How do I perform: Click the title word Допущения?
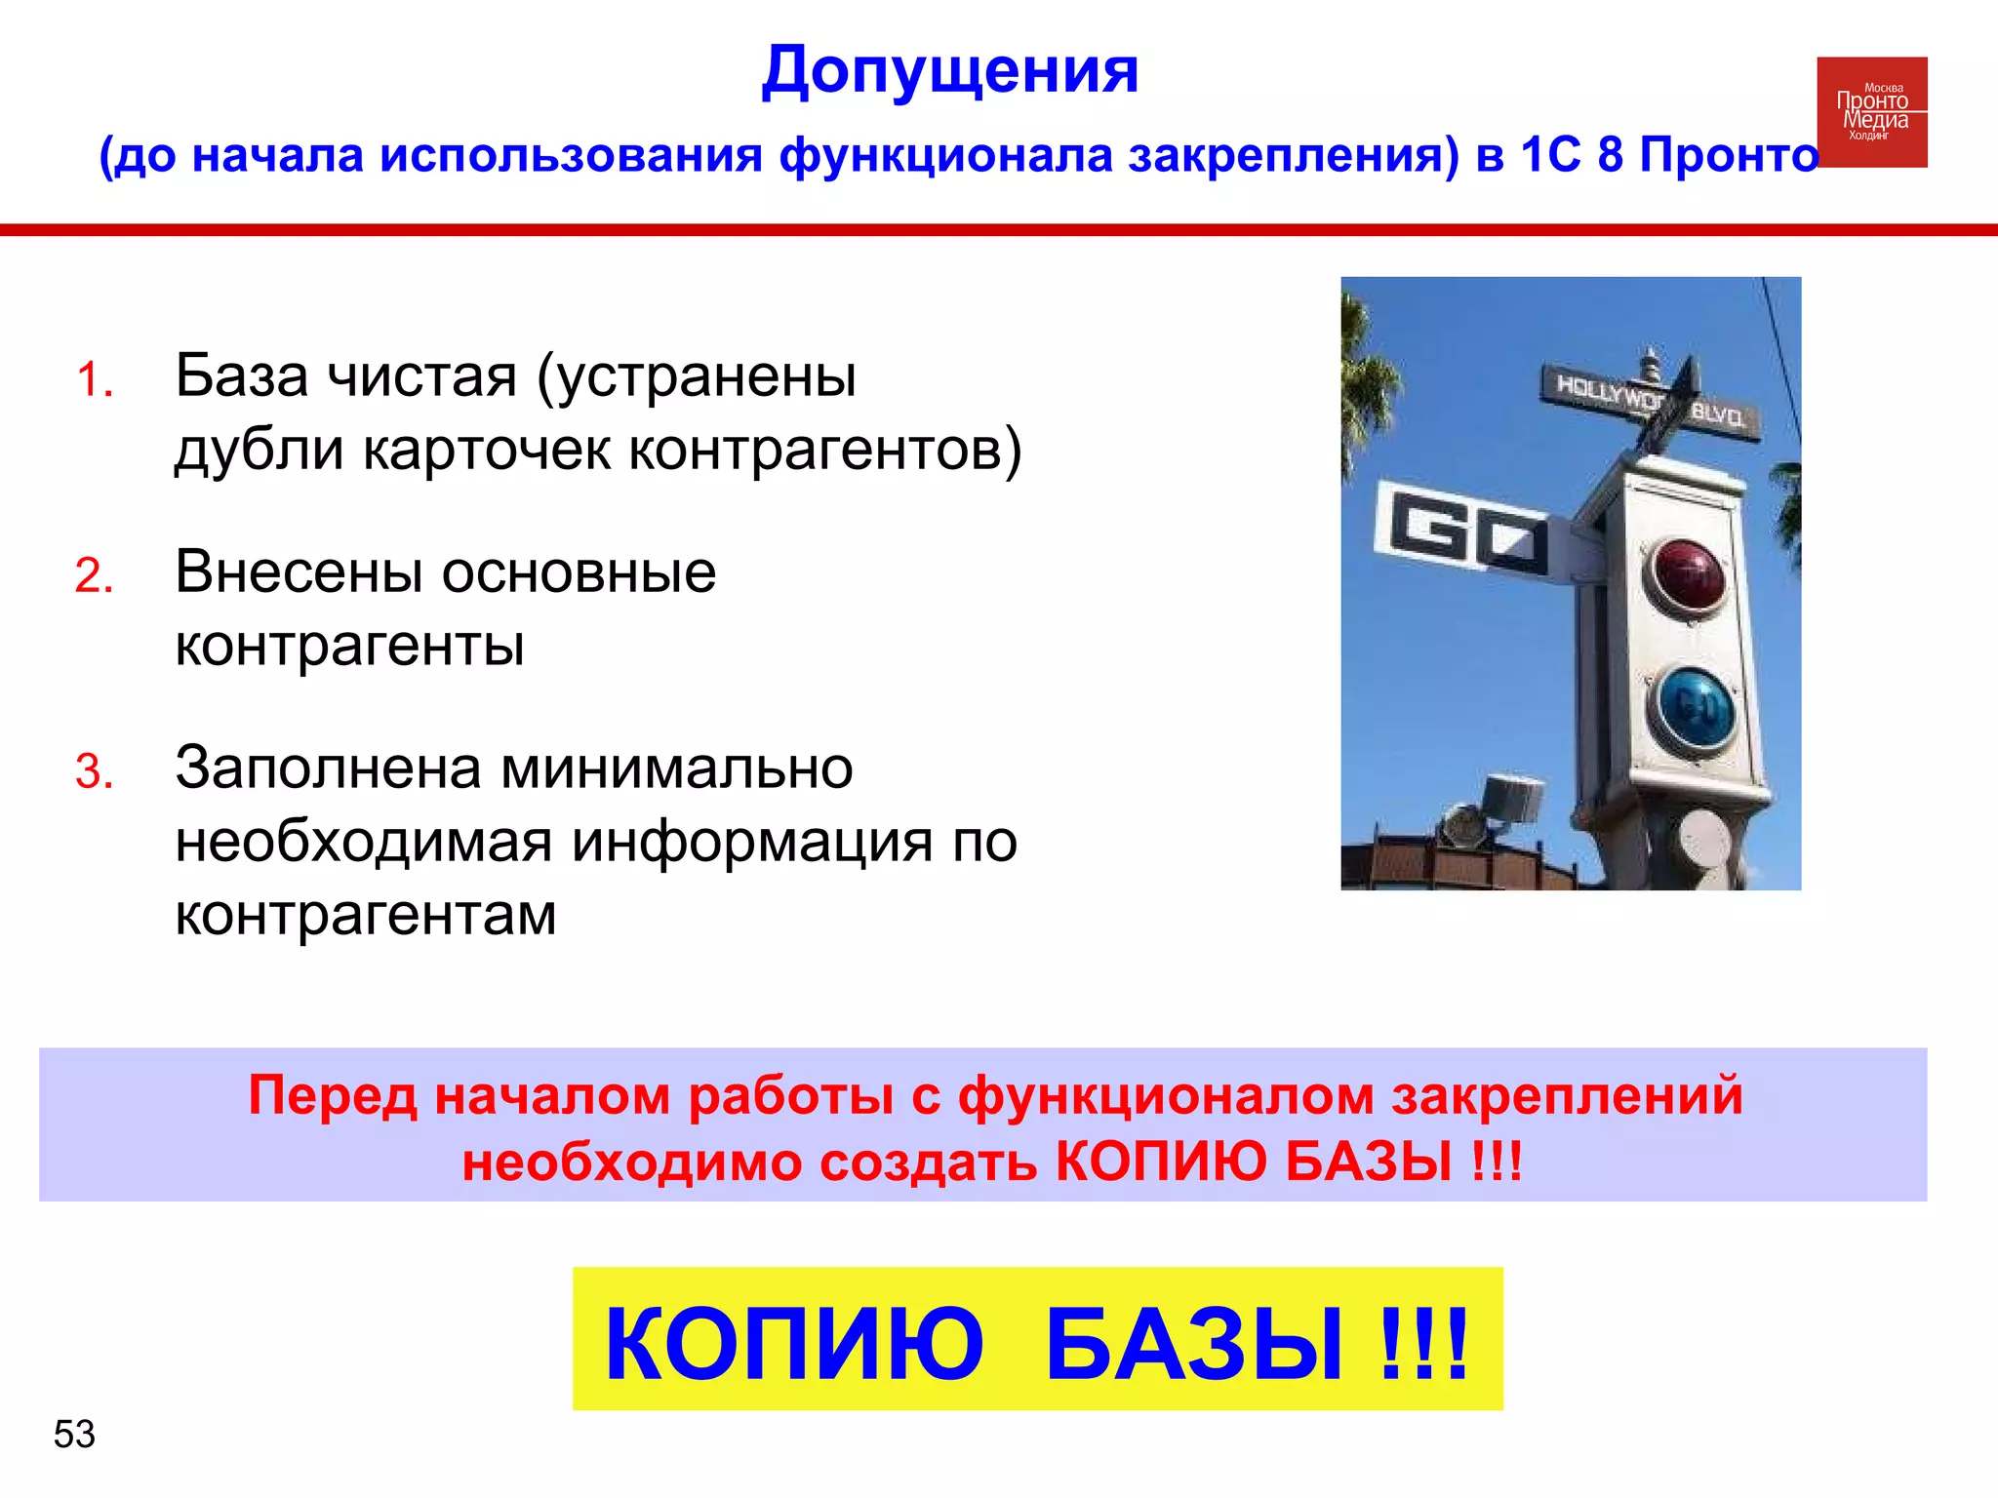(x=949, y=70)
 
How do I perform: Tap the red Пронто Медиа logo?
(x=1871, y=111)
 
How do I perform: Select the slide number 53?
(x=74, y=1435)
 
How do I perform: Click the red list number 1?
(x=95, y=379)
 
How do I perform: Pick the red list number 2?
(x=95, y=575)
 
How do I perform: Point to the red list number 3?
(x=95, y=771)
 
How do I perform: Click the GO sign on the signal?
(x=1460, y=532)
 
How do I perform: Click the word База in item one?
(x=249, y=375)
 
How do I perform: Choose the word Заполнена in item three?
(x=328, y=768)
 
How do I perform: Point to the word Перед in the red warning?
(x=332, y=1095)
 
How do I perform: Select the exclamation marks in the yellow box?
(x=1423, y=1344)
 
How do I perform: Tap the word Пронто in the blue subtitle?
(x=1729, y=155)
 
